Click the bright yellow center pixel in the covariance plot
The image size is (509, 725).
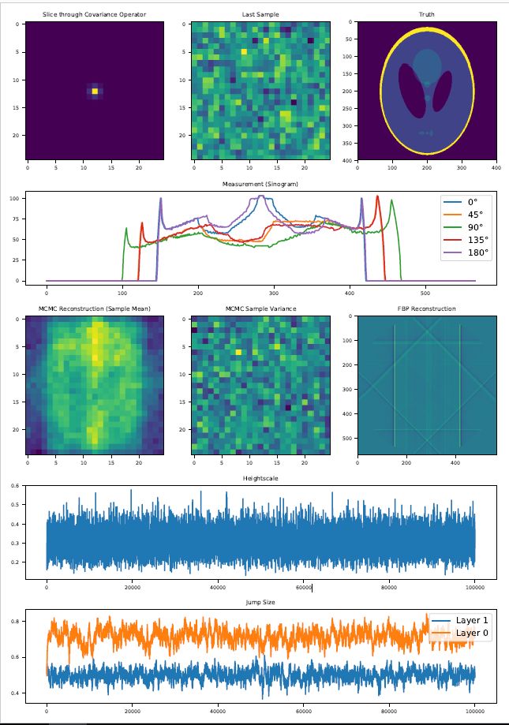[95, 92]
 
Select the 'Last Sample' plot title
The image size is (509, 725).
[261, 15]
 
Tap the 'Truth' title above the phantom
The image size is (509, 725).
[427, 15]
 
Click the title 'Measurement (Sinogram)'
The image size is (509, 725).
[260, 184]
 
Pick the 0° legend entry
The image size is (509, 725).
[467, 202]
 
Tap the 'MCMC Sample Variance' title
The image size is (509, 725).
[261, 308]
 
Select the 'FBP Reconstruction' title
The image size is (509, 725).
[427, 308]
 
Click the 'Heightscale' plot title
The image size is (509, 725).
[260, 478]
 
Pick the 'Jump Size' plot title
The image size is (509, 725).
[260, 601]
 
